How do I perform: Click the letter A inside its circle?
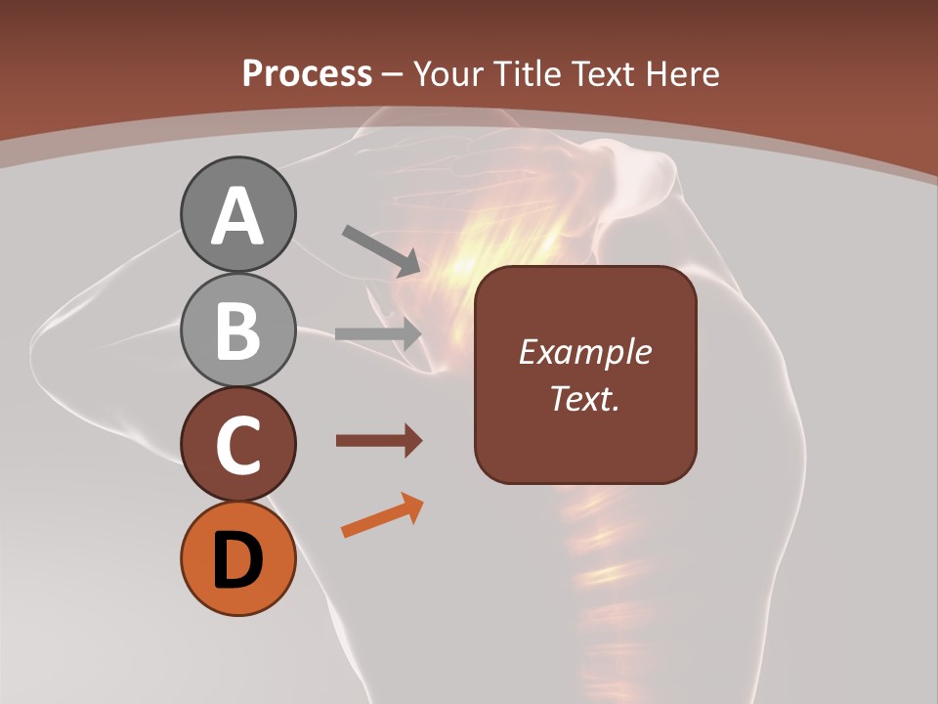click(238, 216)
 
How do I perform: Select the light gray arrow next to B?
click(377, 333)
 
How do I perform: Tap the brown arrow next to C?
click(377, 440)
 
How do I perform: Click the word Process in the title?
click(307, 73)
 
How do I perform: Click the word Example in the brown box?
click(585, 353)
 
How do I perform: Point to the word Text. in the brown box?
click(585, 399)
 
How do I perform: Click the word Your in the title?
click(450, 73)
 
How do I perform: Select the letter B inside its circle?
click(238, 330)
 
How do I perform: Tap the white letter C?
click(238, 446)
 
